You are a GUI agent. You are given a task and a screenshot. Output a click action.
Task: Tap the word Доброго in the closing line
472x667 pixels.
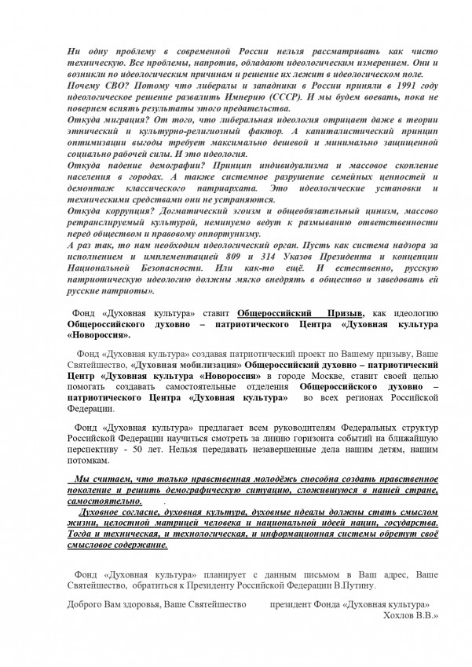(x=84, y=605)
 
